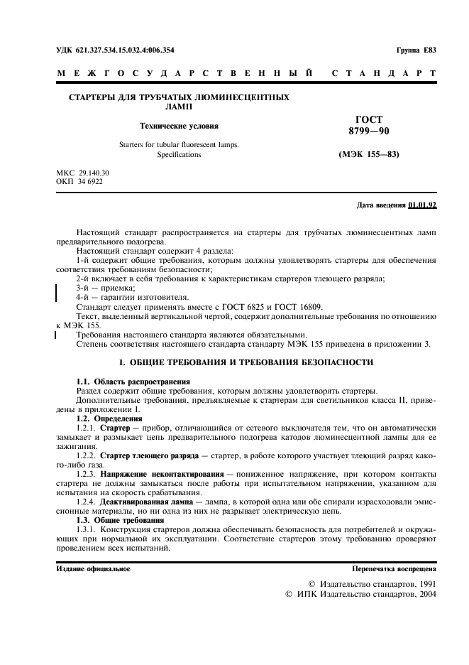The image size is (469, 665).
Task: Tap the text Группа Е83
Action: [416, 50]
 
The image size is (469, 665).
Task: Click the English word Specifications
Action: [179, 154]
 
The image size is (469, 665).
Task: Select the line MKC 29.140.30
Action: [82, 173]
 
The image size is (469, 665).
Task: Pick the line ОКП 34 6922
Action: [79, 182]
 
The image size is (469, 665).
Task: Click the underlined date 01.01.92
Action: [422, 205]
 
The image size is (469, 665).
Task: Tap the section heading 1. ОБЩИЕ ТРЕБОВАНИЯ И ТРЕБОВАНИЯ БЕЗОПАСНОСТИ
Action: [245, 362]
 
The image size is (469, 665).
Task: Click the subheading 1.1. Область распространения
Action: [133, 382]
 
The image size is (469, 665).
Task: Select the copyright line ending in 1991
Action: [372, 583]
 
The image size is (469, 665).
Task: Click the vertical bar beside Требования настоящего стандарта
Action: [55, 335]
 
